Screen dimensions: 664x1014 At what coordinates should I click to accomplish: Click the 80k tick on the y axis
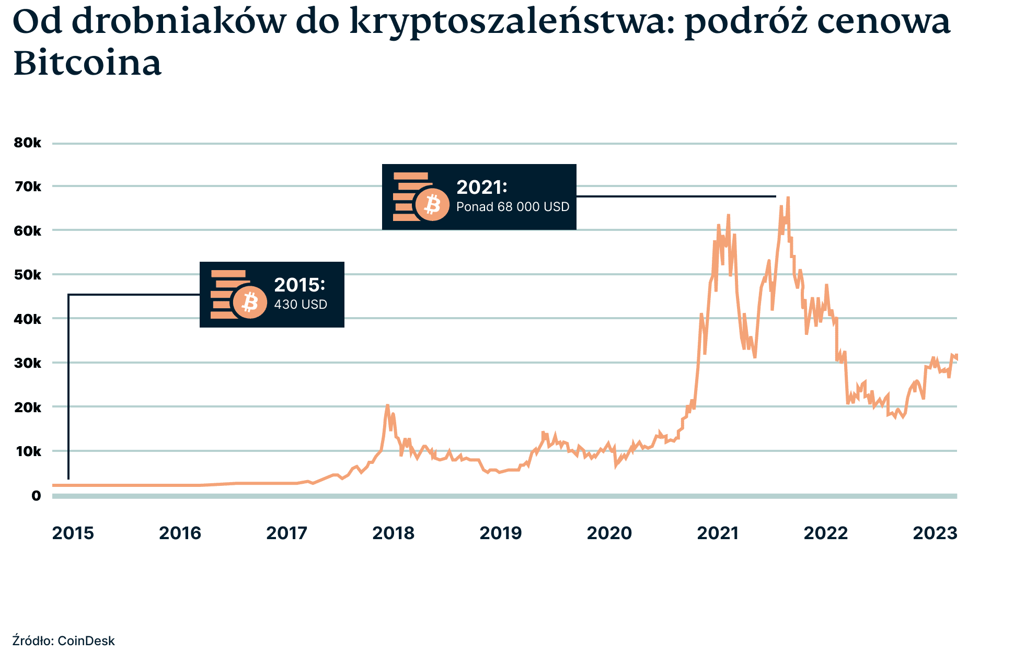pos(27,143)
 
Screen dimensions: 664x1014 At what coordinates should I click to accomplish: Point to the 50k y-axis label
pos(27,274)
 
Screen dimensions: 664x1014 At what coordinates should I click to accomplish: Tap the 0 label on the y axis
pos(36,495)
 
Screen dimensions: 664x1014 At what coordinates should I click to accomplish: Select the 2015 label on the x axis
pos(73,533)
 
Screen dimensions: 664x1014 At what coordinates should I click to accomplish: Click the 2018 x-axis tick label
pos(393,533)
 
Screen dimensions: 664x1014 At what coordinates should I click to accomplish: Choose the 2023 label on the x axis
pos(935,533)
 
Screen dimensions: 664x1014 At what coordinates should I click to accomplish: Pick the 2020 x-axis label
pos(609,533)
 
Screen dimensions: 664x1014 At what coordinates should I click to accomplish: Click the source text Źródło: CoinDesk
pos(63,640)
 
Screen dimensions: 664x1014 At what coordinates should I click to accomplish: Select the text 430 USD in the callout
pos(301,305)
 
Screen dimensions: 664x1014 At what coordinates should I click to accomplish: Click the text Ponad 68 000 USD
pos(513,207)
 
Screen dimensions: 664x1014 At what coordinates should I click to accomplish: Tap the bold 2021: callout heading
pos(482,187)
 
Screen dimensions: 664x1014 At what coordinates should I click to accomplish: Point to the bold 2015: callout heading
pos(299,285)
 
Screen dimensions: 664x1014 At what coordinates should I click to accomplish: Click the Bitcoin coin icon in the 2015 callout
pos(250,302)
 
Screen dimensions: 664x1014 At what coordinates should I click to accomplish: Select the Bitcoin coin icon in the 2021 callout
pos(432,204)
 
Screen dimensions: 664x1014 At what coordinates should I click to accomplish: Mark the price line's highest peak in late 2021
pos(788,198)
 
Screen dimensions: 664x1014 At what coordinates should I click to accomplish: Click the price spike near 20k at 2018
pos(387,405)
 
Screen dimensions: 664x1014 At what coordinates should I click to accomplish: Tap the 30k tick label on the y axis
pos(27,363)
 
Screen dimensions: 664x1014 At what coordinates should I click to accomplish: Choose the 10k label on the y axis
pos(27,451)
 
